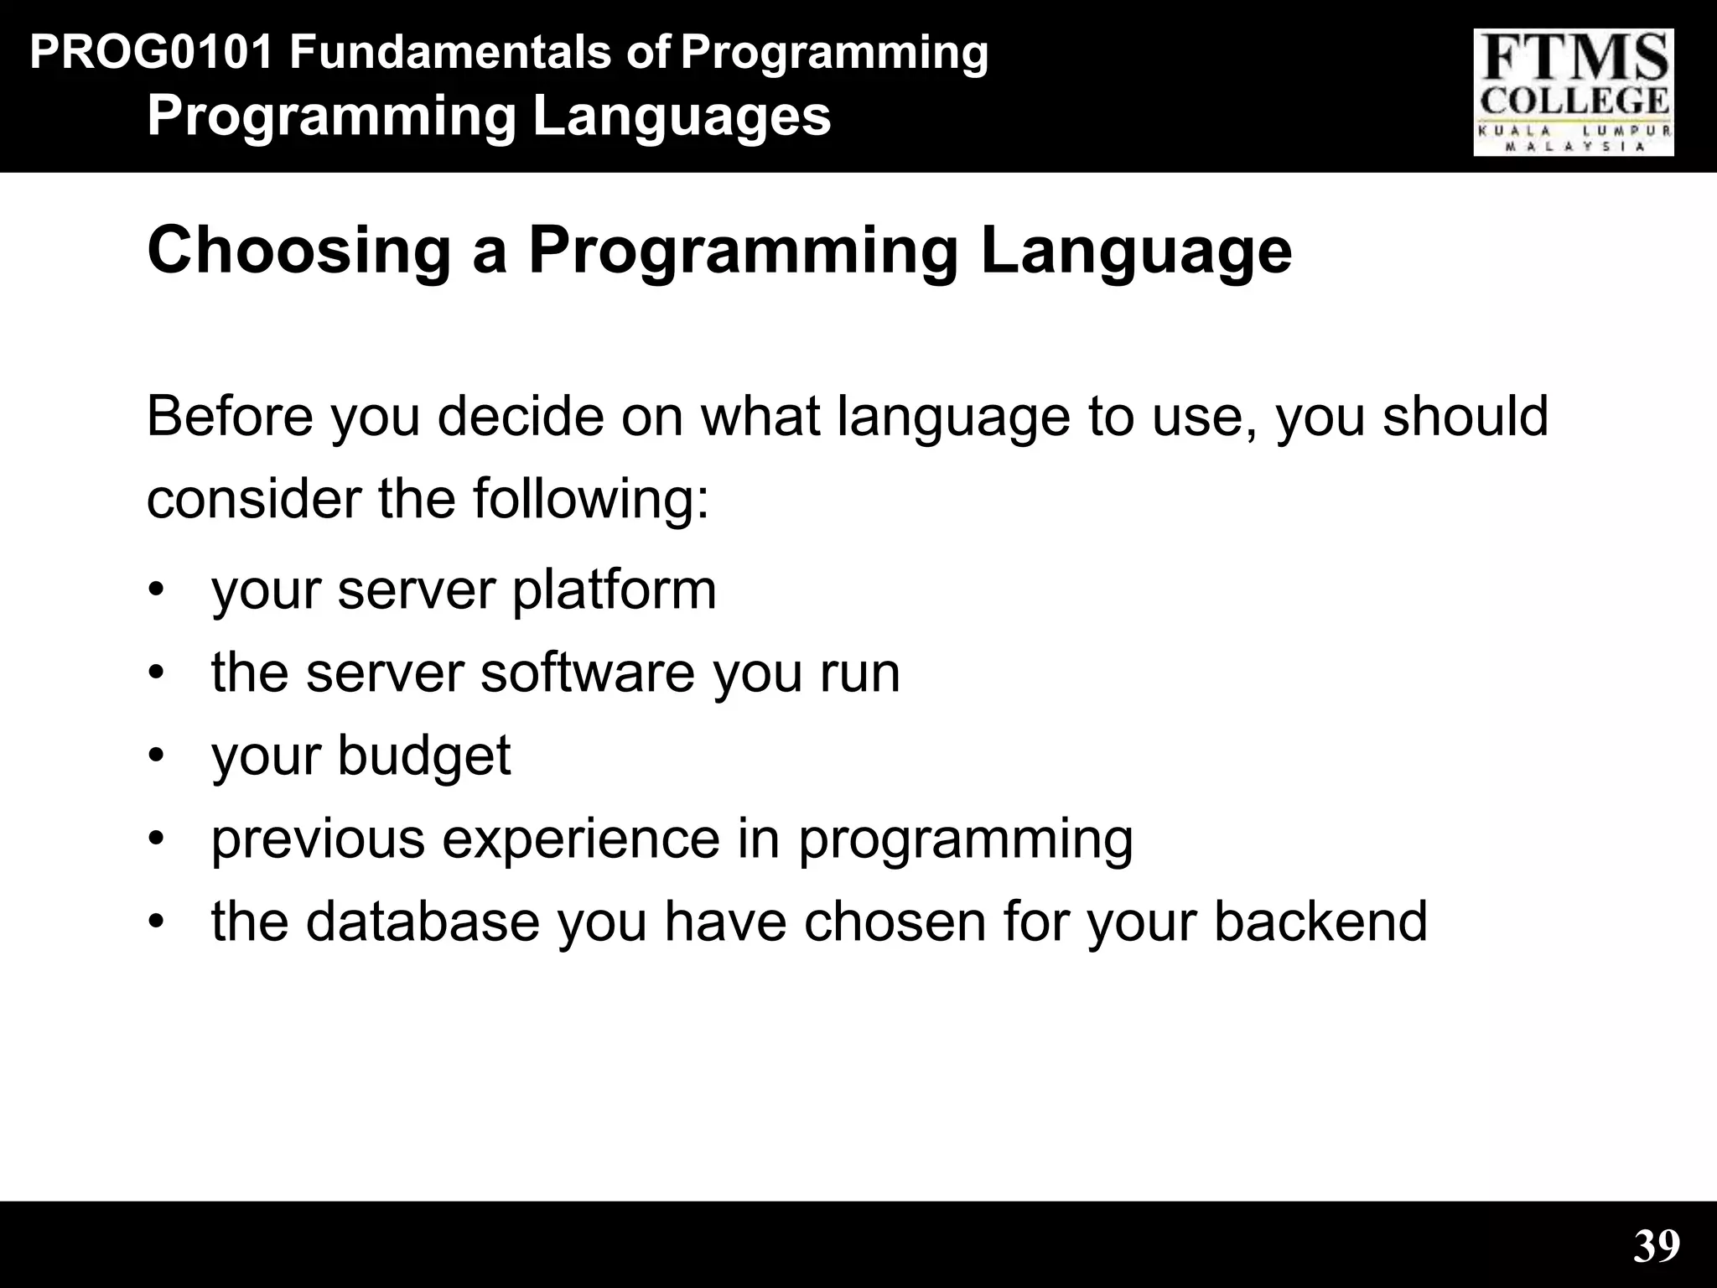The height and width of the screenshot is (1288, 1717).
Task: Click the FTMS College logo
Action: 1574,92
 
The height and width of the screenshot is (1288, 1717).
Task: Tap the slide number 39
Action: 1657,1246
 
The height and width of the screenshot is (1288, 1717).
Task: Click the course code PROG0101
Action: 152,53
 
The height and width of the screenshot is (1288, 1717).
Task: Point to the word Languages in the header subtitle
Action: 682,117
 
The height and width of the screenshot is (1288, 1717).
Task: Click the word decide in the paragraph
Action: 520,417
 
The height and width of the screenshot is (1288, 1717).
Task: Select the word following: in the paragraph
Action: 591,499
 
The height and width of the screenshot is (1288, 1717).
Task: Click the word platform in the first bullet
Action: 614,589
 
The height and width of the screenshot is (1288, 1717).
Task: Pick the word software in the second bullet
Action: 588,673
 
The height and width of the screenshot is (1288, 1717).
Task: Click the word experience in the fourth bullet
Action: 580,839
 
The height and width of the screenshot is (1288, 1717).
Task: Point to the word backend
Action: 1320,922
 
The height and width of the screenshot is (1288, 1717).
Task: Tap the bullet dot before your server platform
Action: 155,589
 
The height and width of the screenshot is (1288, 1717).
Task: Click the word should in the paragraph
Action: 1465,417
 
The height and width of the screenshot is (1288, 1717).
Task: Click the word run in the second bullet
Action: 859,674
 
